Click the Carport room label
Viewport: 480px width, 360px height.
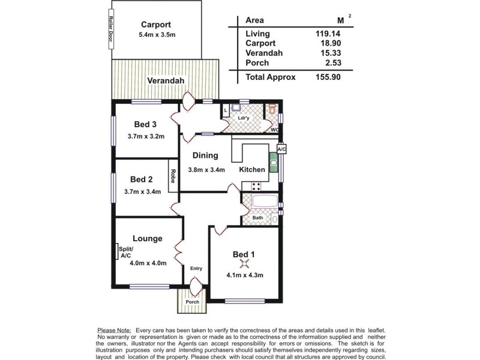point(156,25)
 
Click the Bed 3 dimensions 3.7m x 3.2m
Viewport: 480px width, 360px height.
point(145,136)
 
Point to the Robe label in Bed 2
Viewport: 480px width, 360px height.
point(173,176)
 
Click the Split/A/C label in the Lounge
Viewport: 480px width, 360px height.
point(126,253)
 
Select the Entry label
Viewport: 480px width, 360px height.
point(196,268)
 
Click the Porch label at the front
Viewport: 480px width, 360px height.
point(192,302)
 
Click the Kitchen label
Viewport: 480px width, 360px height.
point(252,170)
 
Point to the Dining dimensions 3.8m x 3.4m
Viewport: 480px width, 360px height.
point(206,170)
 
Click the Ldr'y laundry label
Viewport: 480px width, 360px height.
point(243,118)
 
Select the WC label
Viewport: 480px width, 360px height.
point(274,129)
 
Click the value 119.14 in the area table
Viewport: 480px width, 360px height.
point(329,34)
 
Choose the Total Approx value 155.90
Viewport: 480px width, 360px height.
point(329,77)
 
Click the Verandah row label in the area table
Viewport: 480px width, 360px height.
point(262,53)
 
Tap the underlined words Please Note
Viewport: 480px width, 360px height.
point(115,331)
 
